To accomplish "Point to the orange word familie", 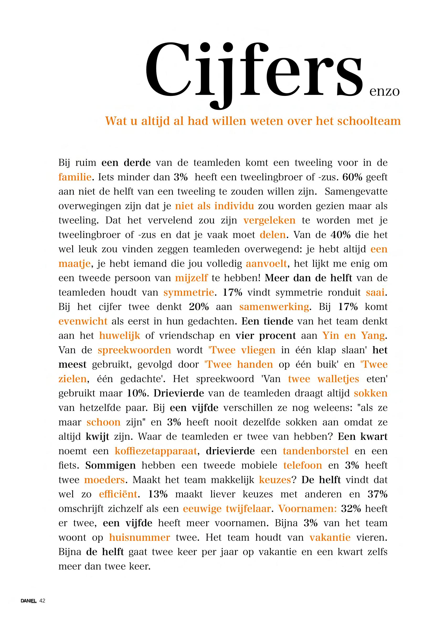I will coord(75,177).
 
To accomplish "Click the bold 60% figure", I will coord(352,177).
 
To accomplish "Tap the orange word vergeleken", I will coord(269,220).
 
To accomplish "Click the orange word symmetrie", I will coord(189,292).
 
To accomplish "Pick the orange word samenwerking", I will coord(274,307).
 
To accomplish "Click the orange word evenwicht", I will coord(83,321).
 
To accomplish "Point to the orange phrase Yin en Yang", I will coord(353,336).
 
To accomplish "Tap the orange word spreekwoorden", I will coord(134,350).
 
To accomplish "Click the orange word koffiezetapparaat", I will coord(156,451).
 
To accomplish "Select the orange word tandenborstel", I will coord(316,451).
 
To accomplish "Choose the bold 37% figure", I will coord(377,494).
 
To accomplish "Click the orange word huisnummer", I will coord(140,537).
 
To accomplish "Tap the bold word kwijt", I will coord(98,437).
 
